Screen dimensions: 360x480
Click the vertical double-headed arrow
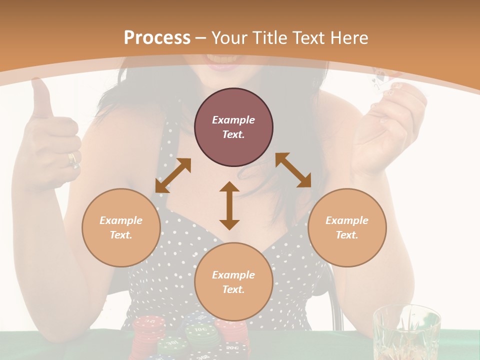pos(229,205)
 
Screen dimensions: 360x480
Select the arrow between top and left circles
pos(173,175)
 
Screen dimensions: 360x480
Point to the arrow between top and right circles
pos(293,170)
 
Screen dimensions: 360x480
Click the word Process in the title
pos(157,37)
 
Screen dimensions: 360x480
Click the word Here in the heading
pos(350,37)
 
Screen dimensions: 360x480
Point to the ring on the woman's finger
pos(72,159)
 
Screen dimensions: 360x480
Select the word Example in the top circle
pos(233,120)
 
